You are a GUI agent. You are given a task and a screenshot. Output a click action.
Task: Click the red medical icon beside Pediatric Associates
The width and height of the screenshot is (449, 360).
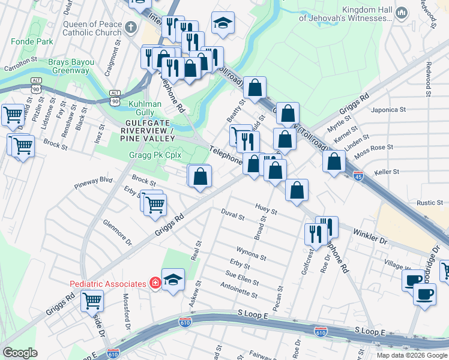pyautogui.click(x=155, y=283)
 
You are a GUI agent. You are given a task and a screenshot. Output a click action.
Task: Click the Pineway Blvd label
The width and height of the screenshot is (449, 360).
pyautogui.click(x=94, y=179)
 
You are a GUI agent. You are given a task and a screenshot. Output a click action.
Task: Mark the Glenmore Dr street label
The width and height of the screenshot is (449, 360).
pyautogui.click(x=117, y=232)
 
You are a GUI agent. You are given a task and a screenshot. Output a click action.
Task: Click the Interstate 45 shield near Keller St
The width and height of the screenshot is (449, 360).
pyautogui.click(x=358, y=176)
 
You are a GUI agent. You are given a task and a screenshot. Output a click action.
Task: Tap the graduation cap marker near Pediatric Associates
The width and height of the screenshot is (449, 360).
pyautogui.click(x=173, y=280)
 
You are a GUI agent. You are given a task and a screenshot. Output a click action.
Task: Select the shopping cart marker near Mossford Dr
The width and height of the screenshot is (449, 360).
pyautogui.click(x=92, y=299)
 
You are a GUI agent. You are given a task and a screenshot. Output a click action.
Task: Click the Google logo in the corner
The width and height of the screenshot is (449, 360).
pyautogui.click(x=20, y=353)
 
